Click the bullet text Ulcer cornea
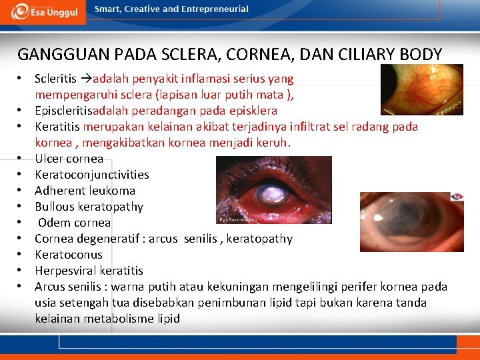click(x=69, y=159)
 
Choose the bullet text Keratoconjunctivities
click(x=92, y=175)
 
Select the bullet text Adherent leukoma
click(x=85, y=191)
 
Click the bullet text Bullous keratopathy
click(x=89, y=207)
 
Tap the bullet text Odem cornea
click(x=74, y=223)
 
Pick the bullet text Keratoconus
click(x=69, y=255)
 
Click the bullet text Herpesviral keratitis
click(x=89, y=271)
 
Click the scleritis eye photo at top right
click(x=421, y=89)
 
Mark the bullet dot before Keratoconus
click(x=21, y=255)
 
